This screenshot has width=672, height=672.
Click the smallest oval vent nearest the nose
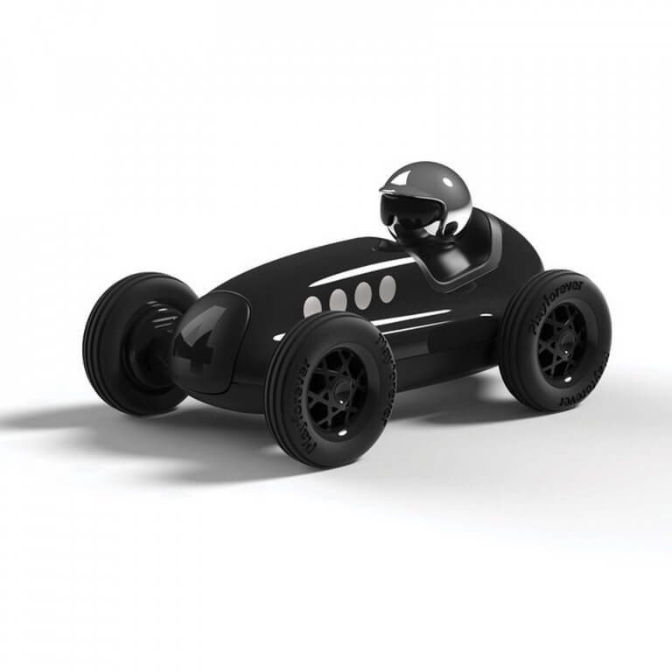point(312,306)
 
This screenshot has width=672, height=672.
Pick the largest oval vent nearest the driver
point(387,289)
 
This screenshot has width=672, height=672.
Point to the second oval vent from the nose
point(338,300)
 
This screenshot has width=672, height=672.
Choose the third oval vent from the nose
point(362,295)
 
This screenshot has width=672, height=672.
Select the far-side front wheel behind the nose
point(131,341)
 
